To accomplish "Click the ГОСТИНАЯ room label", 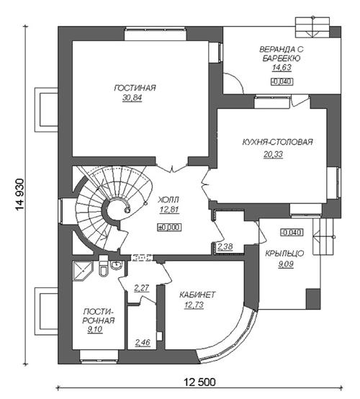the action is tap(135, 88).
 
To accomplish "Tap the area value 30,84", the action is tap(132, 98).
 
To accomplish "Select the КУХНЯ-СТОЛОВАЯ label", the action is tap(277, 142).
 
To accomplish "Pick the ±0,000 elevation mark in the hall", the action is tap(169, 228).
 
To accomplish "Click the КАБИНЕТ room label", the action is tap(197, 295).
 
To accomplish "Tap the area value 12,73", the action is tap(194, 305).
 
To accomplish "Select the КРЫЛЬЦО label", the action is tap(284, 254).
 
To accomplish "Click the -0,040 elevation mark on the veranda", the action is tap(282, 81).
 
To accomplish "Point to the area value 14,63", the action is tap(282, 68).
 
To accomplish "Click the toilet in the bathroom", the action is tap(103, 268).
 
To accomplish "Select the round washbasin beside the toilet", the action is tap(117, 265).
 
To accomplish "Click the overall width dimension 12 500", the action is tap(199, 382).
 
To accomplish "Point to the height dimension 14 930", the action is tap(19, 194).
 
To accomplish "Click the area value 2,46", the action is tap(143, 343).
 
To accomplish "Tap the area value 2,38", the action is tap(225, 246).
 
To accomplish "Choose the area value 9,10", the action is tap(94, 330).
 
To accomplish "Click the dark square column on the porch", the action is tap(313, 299).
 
